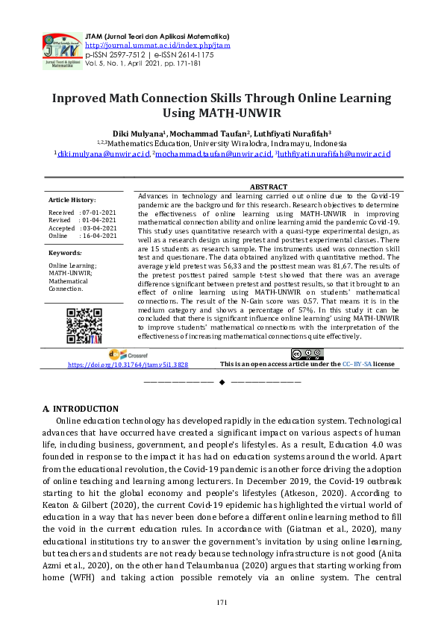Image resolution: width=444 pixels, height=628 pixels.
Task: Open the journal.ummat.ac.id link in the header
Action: pos(158,45)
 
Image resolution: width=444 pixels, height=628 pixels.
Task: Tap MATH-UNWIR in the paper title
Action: pos(231,113)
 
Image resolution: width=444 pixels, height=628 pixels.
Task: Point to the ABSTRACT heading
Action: pos(267,187)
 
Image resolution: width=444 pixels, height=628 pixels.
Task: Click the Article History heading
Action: pos(72,200)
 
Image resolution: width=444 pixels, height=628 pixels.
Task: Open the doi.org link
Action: pos(128,365)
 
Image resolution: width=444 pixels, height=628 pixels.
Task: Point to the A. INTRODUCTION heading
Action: pos(81,409)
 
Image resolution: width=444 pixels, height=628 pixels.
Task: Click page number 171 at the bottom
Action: pos(222,602)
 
